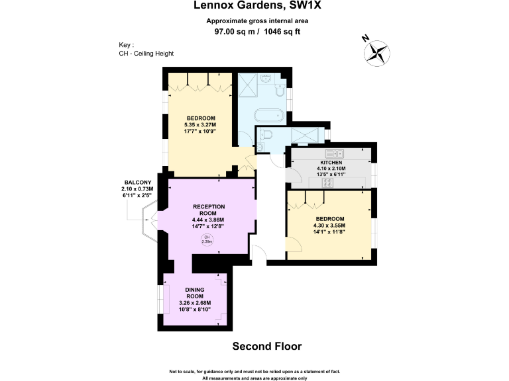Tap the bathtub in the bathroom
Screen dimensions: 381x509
coord(268,116)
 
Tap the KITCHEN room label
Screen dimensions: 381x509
coord(331,163)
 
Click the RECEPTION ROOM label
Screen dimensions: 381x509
coord(208,210)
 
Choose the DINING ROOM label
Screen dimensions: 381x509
coord(194,293)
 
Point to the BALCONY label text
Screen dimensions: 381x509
coord(138,183)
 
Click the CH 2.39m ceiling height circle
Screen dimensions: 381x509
coord(207,239)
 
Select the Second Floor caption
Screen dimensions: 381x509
coord(267,346)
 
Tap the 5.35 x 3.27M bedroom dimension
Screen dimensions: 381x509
coord(200,124)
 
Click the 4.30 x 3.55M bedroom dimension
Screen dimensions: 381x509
coord(329,226)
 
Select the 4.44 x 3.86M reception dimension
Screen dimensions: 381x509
coord(208,220)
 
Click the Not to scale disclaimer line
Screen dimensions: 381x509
coord(254,371)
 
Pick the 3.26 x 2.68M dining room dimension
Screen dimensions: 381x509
coord(194,304)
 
